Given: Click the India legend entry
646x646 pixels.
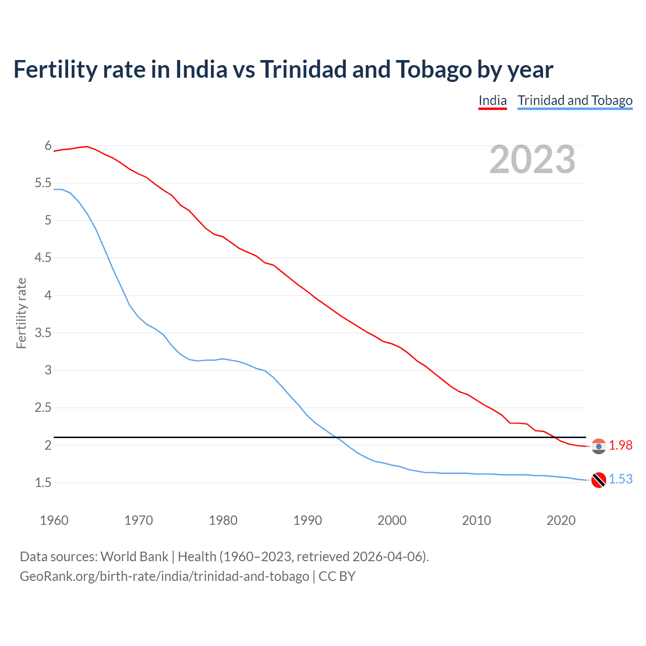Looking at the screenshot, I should [x=492, y=100].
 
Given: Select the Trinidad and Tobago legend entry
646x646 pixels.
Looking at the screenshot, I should [x=575, y=100].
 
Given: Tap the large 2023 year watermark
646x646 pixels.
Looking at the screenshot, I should [x=532, y=159].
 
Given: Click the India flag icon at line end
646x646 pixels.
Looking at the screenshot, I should [x=599, y=446].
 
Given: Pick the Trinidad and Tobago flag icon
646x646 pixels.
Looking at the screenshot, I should [x=599, y=480].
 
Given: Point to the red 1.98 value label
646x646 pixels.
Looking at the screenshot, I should [x=620, y=445].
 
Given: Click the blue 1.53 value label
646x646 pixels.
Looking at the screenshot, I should [x=620, y=479].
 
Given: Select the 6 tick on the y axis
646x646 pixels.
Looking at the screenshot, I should [x=48, y=146].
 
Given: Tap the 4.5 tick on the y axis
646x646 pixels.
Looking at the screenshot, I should [x=43, y=258].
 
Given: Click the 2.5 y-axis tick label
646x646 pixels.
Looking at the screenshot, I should [x=43, y=408].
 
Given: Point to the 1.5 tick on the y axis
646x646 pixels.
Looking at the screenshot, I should [x=43, y=482].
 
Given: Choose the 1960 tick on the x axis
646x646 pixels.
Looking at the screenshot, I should [x=54, y=520].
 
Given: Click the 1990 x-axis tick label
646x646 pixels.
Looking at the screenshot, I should [x=307, y=520].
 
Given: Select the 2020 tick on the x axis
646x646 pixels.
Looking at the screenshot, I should [x=561, y=520].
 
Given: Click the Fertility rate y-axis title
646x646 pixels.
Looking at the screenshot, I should [x=21, y=313].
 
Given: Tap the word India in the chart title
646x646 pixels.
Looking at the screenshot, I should [x=201, y=69].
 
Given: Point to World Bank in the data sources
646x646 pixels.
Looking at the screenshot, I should [x=134, y=557].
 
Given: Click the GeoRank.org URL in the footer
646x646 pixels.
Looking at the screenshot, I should [x=164, y=576].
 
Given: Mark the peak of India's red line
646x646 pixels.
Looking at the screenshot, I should [x=87, y=146].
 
